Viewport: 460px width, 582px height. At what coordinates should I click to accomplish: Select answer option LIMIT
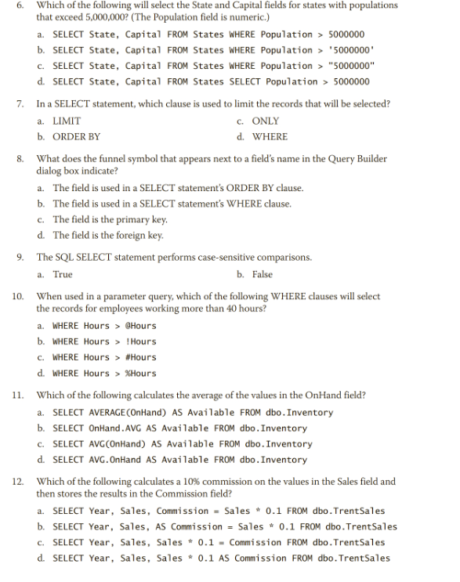point(66,121)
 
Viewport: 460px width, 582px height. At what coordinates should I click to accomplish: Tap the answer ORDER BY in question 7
point(76,136)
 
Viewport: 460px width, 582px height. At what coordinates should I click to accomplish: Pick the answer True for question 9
point(63,274)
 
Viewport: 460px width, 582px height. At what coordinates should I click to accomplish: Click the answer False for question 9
point(262,274)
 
